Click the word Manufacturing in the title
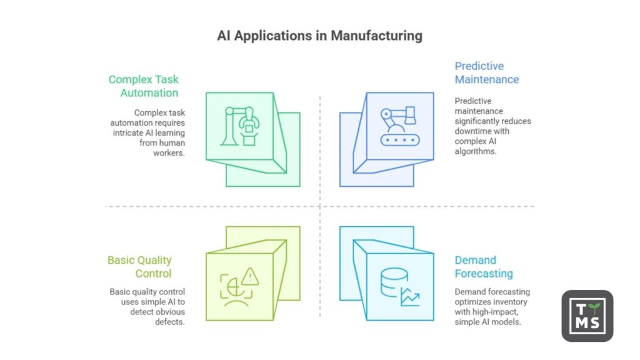376,36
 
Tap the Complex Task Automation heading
143,86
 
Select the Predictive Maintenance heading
486,72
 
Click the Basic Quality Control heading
139,267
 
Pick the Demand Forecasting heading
484,267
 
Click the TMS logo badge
587,315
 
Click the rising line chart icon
409,297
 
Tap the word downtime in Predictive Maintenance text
474,131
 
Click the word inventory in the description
506,302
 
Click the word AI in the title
224,36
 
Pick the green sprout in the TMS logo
598,307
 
